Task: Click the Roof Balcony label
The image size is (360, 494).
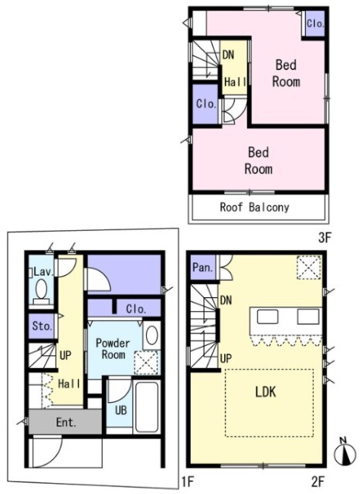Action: pyautogui.click(x=254, y=208)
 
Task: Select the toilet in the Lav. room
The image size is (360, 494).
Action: pyautogui.click(x=41, y=291)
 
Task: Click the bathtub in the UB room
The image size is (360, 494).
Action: pyautogui.click(x=146, y=407)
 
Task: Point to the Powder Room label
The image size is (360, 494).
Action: pyautogui.click(x=113, y=349)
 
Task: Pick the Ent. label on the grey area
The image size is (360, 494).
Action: pyautogui.click(x=66, y=422)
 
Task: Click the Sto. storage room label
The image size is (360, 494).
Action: pyautogui.click(x=42, y=326)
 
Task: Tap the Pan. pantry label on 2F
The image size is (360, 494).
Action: pyautogui.click(x=202, y=268)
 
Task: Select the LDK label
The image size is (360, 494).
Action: pyautogui.click(x=266, y=391)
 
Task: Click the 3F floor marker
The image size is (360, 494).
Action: pyautogui.click(x=324, y=238)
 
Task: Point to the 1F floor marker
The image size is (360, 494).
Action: pyautogui.click(x=187, y=481)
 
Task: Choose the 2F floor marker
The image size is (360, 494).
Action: pyautogui.click(x=318, y=481)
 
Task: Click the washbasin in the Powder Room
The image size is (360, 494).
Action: pyautogui.click(x=151, y=335)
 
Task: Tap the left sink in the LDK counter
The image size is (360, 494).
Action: pyautogui.click(x=267, y=316)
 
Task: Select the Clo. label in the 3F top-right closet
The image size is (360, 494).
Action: pyautogui.click(x=315, y=24)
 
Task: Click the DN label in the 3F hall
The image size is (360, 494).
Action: pyautogui.click(x=228, y=55)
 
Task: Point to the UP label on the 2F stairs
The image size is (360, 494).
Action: pyautogui.click(x=226, y=358)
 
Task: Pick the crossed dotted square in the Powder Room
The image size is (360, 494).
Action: pyautogui.click(x=146, y=362)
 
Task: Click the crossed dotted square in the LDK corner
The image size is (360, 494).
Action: pyautogui.click(x=309, y=268)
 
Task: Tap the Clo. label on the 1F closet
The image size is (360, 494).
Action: pyautogui.click(x=136, y=309)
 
